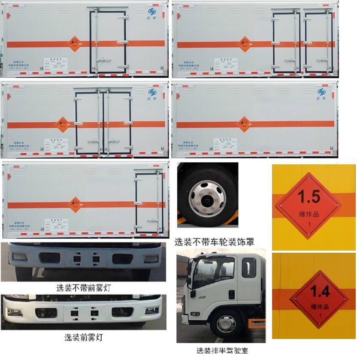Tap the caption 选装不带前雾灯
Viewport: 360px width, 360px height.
coord(83,288)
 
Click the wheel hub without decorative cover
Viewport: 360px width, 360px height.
coord(206,198)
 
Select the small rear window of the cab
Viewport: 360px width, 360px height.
coord(248,267)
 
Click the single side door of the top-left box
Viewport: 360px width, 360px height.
coord(108,42)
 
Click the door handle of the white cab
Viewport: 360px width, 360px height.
coord(231,295)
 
